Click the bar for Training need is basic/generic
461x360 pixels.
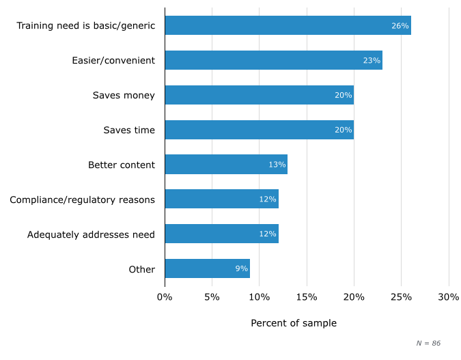[x=287, y=26]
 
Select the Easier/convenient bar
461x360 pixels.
[x=273, y=60]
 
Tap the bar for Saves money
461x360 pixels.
[x=259, y=95]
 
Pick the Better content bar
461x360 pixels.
[x=225, y=165]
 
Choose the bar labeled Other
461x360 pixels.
[x=207, y=268]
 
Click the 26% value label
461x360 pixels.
[x=400, y=26]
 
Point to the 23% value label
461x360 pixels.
[x=372, y=60]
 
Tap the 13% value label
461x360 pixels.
[x=277, y=165]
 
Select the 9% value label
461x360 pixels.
[x=241, y=268]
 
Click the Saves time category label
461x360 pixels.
[x=129, y=130]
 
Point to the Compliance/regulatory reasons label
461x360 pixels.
[x=82, y=199]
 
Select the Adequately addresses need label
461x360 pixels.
[x=91, y=234]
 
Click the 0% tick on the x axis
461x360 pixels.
[x=165, y=297]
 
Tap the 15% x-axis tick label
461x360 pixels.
[x=307, y=297]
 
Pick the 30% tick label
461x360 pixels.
[x=449, y=297]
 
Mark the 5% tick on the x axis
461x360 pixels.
[x=212, y=297]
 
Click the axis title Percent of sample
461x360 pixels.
[x=294, y=323]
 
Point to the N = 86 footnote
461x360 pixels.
[x=428, y=343]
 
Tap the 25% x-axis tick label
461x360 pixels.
[x=401, y=297]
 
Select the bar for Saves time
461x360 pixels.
[x=259, y=130]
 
